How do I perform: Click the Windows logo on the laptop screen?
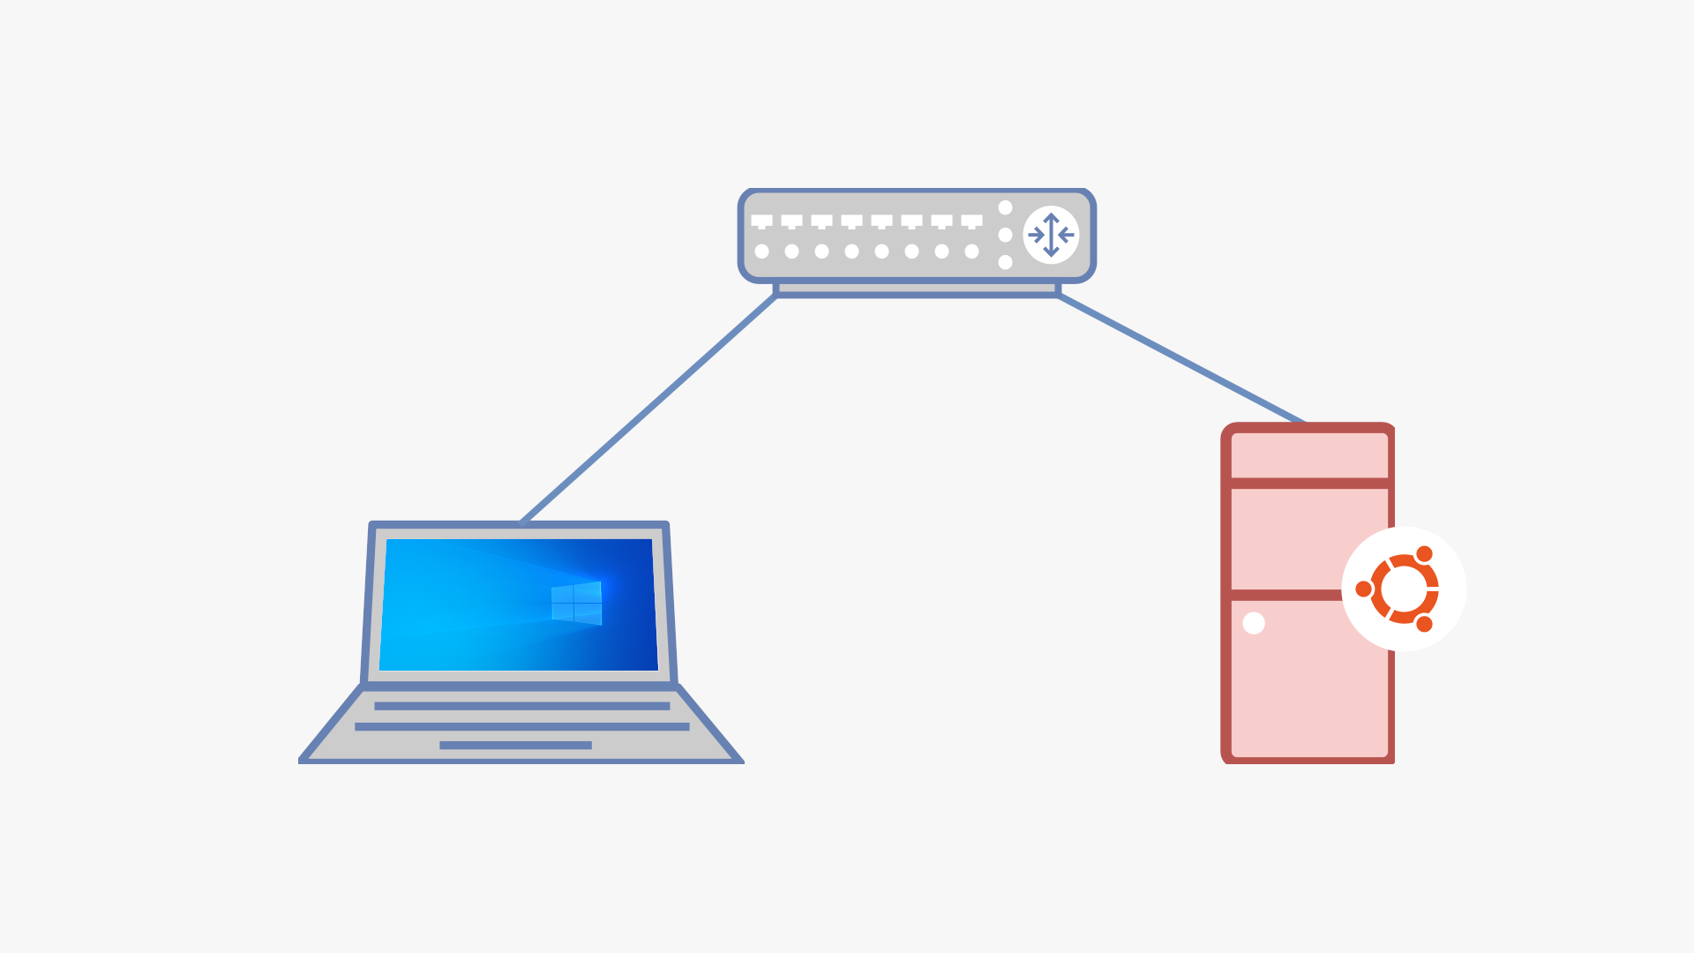(x=576, y=604)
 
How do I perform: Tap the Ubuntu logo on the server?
(x=1404, y=589)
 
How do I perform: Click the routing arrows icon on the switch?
(x=1051, y=235)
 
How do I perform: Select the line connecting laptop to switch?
(x=648, y=409)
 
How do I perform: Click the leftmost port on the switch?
(x=761, y=221)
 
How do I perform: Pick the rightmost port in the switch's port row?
(x=971, y=221)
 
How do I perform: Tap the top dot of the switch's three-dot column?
(x=1005, y=207)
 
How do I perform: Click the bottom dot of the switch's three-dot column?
(x=1005, y=262)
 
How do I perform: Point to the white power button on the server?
(x=1254, y=623)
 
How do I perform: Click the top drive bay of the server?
(x=1309, y=455)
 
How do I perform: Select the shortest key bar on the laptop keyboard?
(x=515, y=746)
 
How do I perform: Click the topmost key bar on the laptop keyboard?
(x=521, y=706)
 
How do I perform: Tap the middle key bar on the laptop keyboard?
(x=521, y=726)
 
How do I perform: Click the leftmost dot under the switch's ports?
(x=761, y=251)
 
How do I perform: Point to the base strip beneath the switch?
(x=917, y=289)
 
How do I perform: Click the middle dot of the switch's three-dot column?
(x=1005, y=235)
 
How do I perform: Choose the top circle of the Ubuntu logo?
(x=1424, y=554)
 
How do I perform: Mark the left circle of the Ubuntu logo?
(x=1364, y=589)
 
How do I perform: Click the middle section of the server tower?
(x=1288, y=538)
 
